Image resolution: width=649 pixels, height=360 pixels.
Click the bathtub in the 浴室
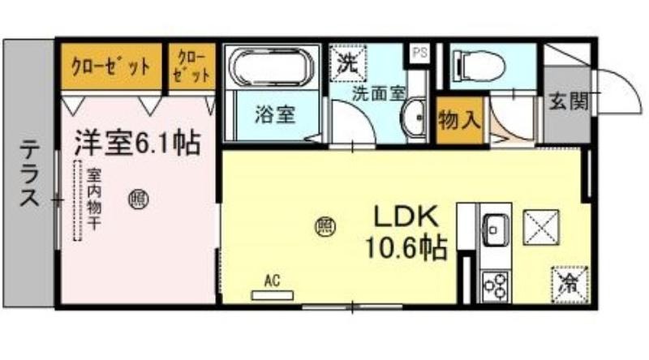tap(269, 67)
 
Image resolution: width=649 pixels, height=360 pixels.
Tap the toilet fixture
tap(480, 66)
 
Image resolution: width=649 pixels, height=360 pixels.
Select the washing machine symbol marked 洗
tap(348, 62)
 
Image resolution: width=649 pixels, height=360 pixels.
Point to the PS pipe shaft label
tap(419, 54)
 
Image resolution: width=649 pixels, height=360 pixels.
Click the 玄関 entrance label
tap(569, 101)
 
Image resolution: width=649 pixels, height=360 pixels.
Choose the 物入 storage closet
tap(460, 121)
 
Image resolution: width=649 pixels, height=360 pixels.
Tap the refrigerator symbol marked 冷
tap(569, 285)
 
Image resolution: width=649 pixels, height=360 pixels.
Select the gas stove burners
tap(496, 285)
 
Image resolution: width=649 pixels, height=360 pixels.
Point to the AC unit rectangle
tap(273, 295)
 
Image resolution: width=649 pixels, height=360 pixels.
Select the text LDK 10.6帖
tap(406, 233)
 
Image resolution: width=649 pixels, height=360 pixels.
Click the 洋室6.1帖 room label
tap(137, 144)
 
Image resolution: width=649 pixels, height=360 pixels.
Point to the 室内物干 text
tap(94, 199)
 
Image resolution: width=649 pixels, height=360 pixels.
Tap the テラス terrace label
tap(30, 173)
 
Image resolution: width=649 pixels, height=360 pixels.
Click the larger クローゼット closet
tap(111, 66)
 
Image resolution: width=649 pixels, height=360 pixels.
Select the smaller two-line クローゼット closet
tap(191, 66)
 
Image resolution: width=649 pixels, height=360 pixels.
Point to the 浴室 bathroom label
tap(275, 114)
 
